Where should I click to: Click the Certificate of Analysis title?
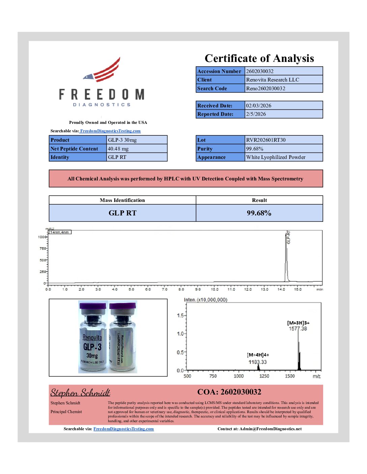click(259, 59)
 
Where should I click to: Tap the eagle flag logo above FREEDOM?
click(103, 71)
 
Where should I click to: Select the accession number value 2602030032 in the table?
click(260, 71)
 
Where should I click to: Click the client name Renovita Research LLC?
click(273, 80)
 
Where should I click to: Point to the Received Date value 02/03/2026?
click(258, 106)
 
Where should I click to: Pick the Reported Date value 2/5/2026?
click(256, 114)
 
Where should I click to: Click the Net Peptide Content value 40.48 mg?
click(118, 149)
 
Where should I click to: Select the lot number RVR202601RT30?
click(266, 140)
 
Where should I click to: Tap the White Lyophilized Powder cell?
click(276, 157)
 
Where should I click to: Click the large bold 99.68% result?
click(259, 213)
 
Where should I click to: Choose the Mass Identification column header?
click(122, 200)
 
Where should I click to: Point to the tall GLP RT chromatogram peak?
click(286, 256)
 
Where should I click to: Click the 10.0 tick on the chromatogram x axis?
click(215, 289)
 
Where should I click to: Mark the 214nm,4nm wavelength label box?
click(59, 232)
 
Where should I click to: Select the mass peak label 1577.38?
click(298, 329)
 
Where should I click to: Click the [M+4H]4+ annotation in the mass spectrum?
click(258, 355)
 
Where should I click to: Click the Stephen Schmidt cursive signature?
click(80, 393)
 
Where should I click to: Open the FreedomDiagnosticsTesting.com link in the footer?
click(123, 429)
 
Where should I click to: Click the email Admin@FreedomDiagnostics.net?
click(271, 429)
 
